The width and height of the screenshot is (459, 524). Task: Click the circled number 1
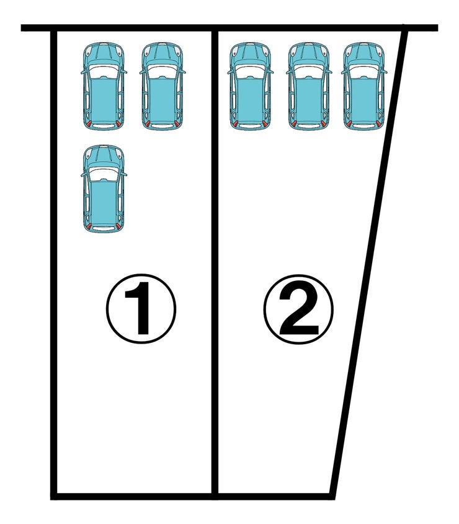[x=141, y=308]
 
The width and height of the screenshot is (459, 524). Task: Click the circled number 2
[x=298, y=309]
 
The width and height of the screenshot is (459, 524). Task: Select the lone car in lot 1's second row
[x=104, y=189]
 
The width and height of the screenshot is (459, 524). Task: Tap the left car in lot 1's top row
[x=104, y=86]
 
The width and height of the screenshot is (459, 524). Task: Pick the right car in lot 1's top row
[x=162, y=86]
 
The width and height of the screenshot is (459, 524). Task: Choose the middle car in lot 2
[x=308, y=86]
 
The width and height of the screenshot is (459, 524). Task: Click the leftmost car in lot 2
[x=250, y=86]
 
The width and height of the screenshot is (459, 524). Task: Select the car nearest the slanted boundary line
[x=363, y=86]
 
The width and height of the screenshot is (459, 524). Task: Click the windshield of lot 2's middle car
[x=308, y=71]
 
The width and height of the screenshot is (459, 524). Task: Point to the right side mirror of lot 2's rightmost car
[x=385, y=71]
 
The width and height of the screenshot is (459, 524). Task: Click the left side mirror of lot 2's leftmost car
[x=230, y=71]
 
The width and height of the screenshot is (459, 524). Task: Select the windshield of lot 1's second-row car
[x=104, y=174]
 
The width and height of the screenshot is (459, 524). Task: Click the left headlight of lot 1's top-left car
[x=88, y=51]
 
